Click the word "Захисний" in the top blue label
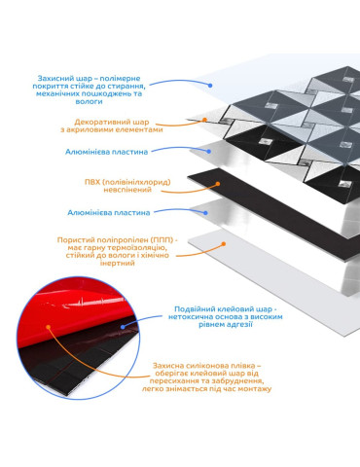(52, 78)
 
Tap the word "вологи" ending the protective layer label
(89, 101)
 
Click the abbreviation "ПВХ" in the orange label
(92, 182)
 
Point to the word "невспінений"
(127, 190)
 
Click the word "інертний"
(117, 263)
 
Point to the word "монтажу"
(255, 389)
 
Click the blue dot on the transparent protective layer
(210, 86)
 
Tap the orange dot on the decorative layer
(204, 120)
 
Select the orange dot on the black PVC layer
(218, 184)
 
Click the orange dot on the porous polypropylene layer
(224, 244)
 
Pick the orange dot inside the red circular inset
(49, 327)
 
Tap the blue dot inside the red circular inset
(123, 327)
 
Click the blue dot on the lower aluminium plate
(205, 213)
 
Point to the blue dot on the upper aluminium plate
(209, 152)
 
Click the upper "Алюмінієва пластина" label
(107, 152)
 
